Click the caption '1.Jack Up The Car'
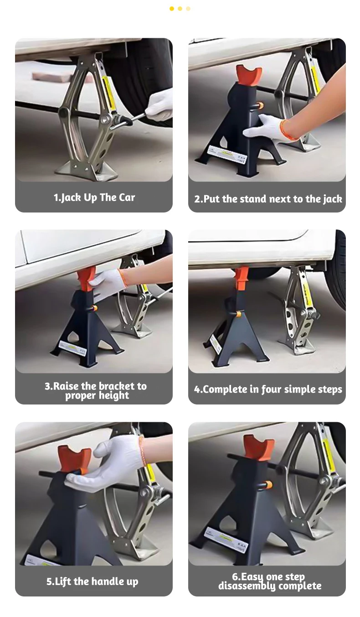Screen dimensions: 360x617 (94, 197)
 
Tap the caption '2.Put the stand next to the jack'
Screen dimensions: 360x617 (268, 199)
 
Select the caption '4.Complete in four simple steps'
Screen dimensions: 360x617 (268, 389)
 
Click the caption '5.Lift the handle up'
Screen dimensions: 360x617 (92, 581)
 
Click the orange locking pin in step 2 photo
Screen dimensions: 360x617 (260, 105)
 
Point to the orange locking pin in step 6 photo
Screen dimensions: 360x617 (267, 484)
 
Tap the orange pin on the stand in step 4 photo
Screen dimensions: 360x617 (238, 314)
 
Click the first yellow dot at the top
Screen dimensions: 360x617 (172, 9)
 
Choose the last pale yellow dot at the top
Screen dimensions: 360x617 (188, 9)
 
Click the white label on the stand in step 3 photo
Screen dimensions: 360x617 (73, 347)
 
